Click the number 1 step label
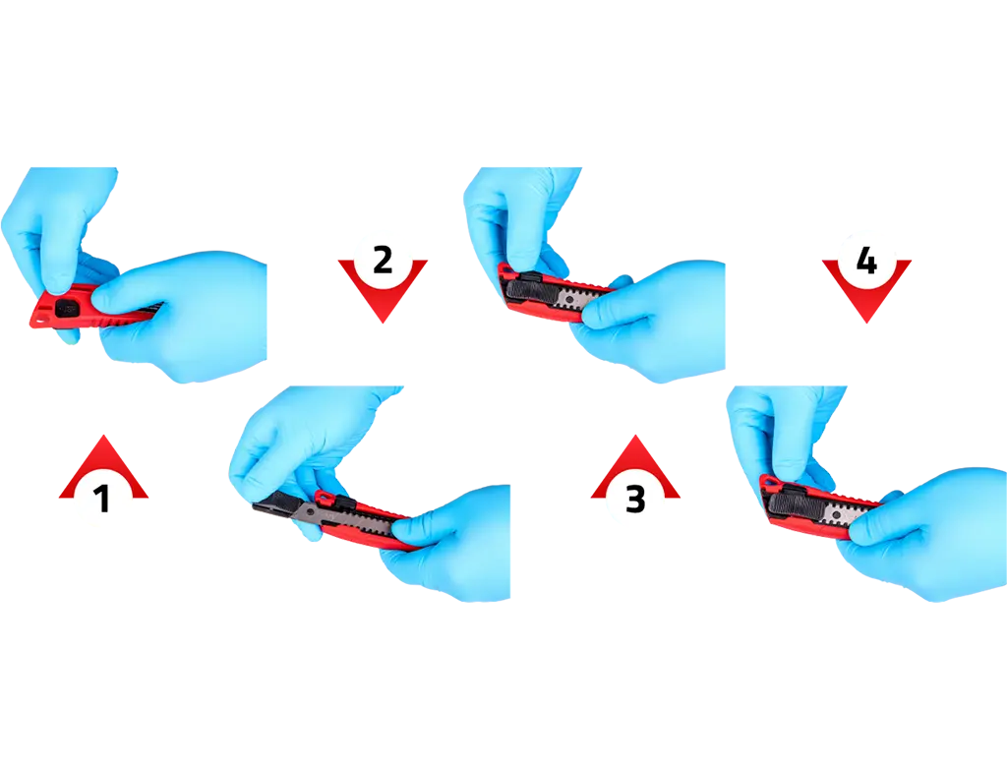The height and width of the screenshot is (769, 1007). pos(102,500)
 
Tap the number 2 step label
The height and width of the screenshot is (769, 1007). pos(383,260)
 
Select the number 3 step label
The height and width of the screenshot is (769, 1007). pos(635,500)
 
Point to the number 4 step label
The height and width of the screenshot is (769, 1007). pos(866,261)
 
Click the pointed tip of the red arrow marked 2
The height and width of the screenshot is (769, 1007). pos(383,322)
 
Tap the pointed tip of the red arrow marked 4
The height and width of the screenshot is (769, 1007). pos(866,322)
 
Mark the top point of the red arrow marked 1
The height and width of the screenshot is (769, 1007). pos(103,436)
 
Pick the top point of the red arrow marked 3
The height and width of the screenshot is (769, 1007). pos(635,436)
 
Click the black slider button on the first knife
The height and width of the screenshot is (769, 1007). pos(66,309)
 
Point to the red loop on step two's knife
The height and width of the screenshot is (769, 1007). pos(324,498)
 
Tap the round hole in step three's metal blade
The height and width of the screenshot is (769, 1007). pos(569,299)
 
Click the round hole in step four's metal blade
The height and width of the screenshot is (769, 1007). pos(838,513)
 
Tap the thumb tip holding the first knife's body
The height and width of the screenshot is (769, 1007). pos(102,297)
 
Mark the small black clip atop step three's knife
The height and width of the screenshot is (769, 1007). pos(529,277)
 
